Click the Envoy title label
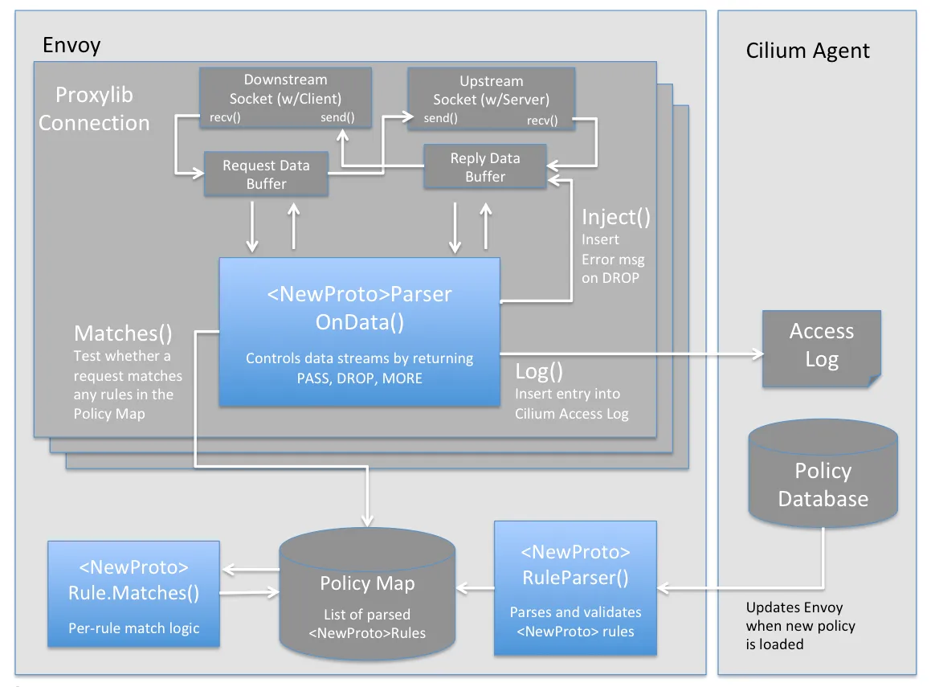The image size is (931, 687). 71,45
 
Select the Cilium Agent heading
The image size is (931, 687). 807,51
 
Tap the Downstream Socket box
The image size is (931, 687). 285,97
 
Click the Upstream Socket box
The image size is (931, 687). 491,99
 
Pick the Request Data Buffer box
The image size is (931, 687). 266,174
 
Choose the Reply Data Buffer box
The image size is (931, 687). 485,167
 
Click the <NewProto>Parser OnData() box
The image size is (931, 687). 359,331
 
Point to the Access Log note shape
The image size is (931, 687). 821,346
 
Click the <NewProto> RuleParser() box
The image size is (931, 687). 575,587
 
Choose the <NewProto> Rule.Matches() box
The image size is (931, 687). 133,594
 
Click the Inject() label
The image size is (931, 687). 616,217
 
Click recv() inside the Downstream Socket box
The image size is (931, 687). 227,118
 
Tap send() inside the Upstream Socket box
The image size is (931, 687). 440,119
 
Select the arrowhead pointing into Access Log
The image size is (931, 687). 756,353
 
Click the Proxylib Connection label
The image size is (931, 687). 94,108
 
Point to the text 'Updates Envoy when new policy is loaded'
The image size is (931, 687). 800,626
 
